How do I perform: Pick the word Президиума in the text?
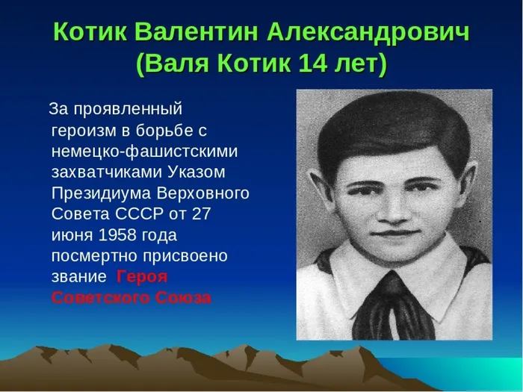coord(102,193)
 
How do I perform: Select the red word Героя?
coord(143,277)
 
